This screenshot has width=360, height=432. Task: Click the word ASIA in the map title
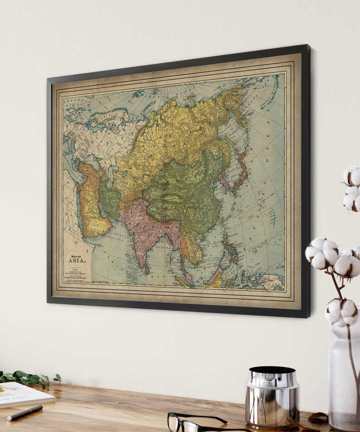tap(76, 260)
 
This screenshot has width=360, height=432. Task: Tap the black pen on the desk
tap(25, 413)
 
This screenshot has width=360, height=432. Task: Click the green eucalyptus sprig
tap(27, 377)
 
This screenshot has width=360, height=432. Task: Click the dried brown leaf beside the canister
tap(317, 417)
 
